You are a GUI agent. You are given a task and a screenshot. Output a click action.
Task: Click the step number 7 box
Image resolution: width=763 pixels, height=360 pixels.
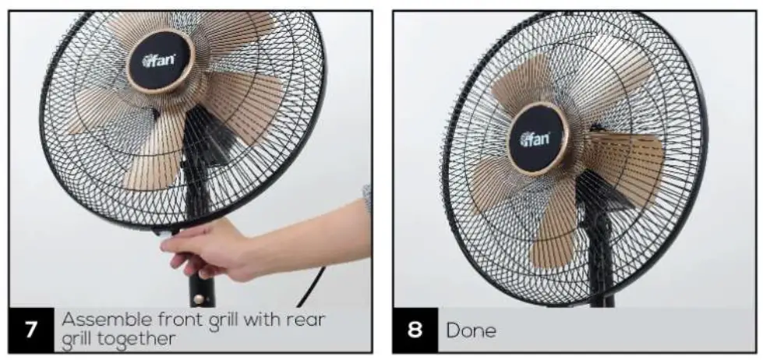point(30,330)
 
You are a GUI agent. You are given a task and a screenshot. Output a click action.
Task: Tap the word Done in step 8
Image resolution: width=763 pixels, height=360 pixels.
point(471,330)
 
